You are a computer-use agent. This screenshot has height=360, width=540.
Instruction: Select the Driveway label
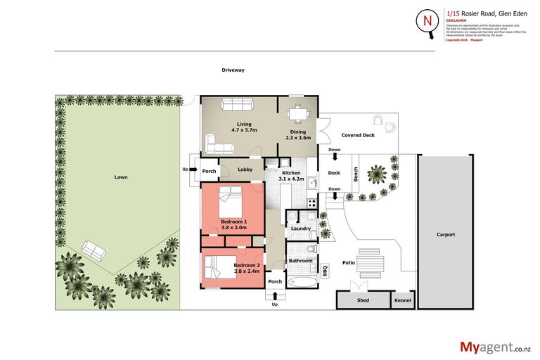[x=233, y=70]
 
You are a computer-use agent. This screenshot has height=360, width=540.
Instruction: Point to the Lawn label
[x=121, y=177]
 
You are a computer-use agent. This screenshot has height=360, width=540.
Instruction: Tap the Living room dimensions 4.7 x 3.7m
[x=244, y=130]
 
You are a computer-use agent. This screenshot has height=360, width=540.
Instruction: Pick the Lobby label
[x=245, y=169]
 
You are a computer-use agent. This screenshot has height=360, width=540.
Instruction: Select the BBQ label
[x=326, y=269]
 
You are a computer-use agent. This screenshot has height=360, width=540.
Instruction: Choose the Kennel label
[x=404, y=301]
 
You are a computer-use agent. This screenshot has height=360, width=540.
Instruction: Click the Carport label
[x=445, y=234]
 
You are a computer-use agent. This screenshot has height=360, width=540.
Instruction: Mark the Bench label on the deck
[x=356, y=174]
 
